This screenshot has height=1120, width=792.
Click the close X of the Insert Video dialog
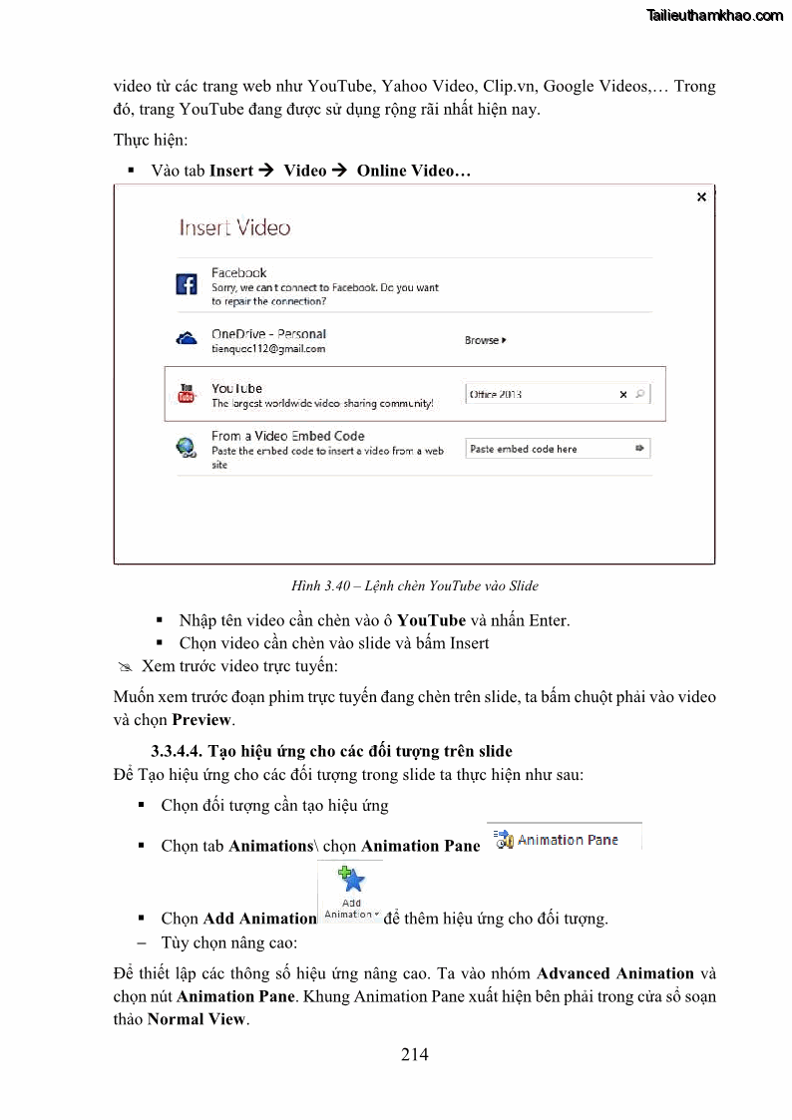coord(701,197)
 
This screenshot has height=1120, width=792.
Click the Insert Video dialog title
coord(234,228)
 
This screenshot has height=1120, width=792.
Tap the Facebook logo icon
coord(187,284)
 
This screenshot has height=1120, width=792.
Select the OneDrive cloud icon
coord(187,340)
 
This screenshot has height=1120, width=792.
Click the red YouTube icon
coord(187,394)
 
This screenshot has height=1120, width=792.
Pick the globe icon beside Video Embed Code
coord(187,448)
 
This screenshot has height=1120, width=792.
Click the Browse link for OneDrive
coord(485,341)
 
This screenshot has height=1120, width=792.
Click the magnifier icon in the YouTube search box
coord(640,394)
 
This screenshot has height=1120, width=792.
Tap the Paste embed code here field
coord(549,449)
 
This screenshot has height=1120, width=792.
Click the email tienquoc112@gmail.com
coord(268,349)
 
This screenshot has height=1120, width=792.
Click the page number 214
coord(415,1053)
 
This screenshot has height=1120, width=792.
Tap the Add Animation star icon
coord(351,880)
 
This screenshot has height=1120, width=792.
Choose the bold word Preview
coord(201,719)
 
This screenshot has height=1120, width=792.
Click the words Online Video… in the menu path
coord(413,171)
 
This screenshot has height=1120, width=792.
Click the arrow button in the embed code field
coord(640,449)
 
